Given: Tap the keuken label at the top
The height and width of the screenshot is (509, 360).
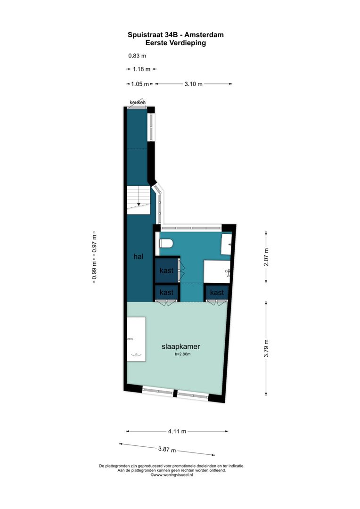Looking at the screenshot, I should click(x=138, y=102).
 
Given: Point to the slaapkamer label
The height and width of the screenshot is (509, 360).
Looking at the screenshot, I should click(x=180, y=346).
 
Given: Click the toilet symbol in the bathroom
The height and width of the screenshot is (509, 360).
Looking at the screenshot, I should click(x=166, y=243).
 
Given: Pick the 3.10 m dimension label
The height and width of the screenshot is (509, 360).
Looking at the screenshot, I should click(x=193, y=84).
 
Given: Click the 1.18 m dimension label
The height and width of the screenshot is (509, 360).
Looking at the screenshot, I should click(x=141, y=69).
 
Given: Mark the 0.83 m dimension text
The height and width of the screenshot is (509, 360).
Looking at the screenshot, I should click(x=137, y=56).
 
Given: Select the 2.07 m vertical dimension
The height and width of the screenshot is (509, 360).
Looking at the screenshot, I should click(x=266, y=257).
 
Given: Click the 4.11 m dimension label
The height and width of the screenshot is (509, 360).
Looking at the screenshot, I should click(x=177, y=431).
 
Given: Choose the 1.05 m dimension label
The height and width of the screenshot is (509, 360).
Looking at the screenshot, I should click(x=139, y=84).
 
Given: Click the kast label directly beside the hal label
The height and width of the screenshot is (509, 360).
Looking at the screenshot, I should click(x=166, y=271).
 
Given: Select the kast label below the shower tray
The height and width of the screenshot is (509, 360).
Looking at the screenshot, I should click(x=217, y=293).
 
